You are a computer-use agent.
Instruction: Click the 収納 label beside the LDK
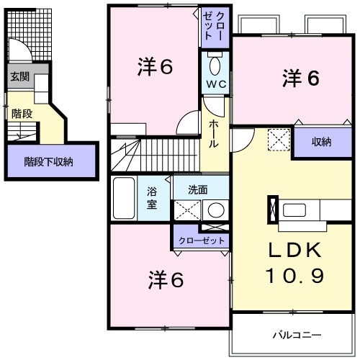[322, 142]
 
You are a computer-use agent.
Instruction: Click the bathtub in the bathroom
[124, 199]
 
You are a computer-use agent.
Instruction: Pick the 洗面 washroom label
[198, 190]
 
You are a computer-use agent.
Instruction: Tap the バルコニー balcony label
[297, 335]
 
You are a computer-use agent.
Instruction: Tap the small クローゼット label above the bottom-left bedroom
[202, 240]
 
